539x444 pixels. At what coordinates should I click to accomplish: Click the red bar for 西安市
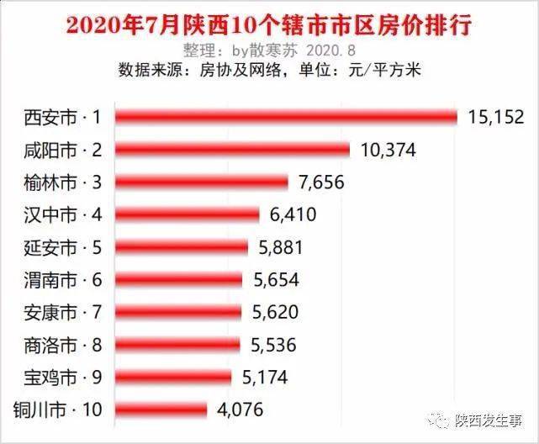click(x=286, y=117)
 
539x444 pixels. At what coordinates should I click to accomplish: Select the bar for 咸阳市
click(x=232, y=150)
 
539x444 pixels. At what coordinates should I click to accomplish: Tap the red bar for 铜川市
click(x=161, y=410)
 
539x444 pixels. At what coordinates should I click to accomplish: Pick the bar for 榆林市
click(x=201, y=182)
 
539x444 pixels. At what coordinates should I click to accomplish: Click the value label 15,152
click(x=495, y=117)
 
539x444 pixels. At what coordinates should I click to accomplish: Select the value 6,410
click(x=293, y=214)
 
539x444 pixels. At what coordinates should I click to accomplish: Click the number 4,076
click(x=240, y=410)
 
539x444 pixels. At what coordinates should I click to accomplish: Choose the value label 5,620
click(x=275, y=312)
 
